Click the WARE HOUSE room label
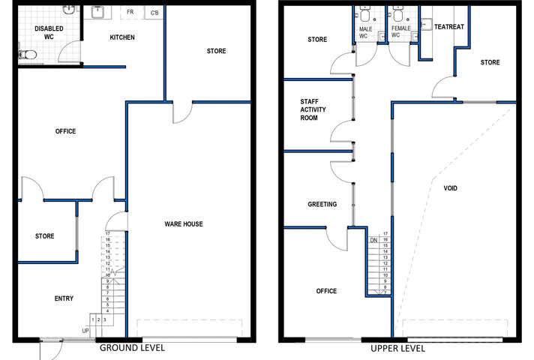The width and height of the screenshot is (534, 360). [x=183, y=224]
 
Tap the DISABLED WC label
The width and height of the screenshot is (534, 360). [x=49, y=32]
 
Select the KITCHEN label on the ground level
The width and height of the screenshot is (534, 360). [x=121, y=37]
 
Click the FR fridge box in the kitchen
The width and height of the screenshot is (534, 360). [x=130, y=13]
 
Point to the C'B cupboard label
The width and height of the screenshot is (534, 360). [x=154, y=13]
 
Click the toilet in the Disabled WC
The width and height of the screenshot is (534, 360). [x=27, y=55]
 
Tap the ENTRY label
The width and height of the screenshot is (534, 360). [x=64, y=298]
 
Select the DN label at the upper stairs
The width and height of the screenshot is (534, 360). [x=373, y=241]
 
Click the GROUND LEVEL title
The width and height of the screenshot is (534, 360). [x=132, y=349]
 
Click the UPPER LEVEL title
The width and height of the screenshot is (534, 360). [x=397, y=349]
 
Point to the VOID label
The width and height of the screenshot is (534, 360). [x=451, y=188]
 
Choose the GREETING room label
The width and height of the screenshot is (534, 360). [x=322, y=204]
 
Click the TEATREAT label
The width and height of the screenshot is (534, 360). [x=449, y=26]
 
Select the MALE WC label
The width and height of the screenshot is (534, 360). [x=363, y=31]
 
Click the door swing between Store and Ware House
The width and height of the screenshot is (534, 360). [x=182, y=112]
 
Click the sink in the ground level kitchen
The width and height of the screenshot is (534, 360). [x=97, y=12]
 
